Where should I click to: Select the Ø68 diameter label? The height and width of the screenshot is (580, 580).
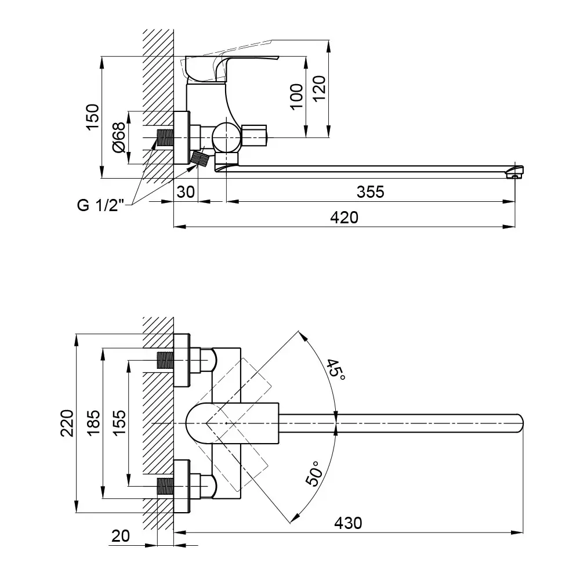118,137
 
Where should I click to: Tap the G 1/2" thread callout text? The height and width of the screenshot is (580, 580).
101,206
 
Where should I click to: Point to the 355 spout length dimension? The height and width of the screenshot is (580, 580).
371,192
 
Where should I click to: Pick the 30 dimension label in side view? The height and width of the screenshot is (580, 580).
186,192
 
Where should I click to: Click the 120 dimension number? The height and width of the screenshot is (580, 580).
320,90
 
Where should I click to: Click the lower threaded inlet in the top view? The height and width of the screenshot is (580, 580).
165,486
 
